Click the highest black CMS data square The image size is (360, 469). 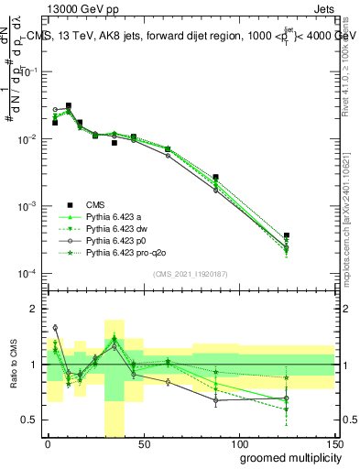pos(69,106)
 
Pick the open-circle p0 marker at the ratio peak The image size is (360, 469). pos(55,327)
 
